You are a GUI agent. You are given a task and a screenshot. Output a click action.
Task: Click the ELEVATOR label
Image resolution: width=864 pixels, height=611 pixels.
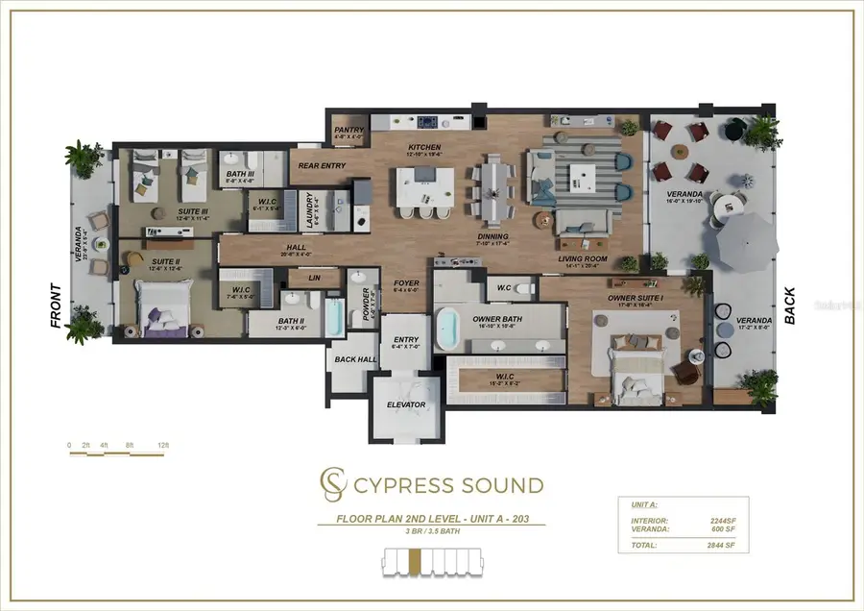406,404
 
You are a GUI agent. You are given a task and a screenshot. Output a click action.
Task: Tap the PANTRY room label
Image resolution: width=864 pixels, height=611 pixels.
346,130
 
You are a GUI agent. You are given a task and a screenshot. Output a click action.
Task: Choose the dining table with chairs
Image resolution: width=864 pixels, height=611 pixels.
492,186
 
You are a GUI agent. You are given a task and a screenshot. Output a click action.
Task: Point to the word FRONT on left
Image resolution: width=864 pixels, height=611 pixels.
56,306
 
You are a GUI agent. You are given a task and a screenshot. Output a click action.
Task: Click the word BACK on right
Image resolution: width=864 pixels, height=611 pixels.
791,305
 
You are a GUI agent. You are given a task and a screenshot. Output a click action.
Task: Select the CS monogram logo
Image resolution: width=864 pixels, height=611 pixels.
331,485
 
